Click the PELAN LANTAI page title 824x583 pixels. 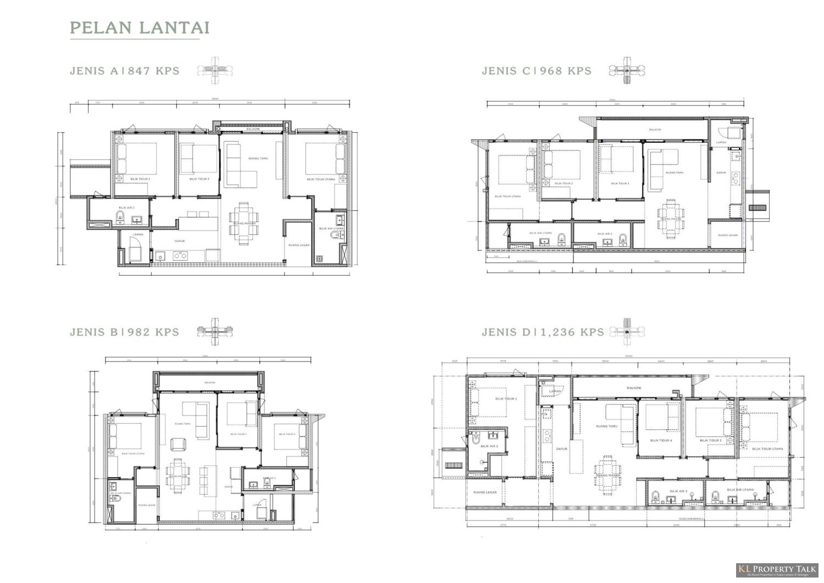click(x=140, y=27)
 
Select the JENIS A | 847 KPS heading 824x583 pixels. click(x=125, y=71)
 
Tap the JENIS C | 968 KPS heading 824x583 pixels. click(x=537, y=71)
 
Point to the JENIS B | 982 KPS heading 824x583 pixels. click(x=125, y=332)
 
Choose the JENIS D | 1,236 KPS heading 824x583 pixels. click(x=543, y=332)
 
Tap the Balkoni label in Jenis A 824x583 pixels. click(x=253, y=129)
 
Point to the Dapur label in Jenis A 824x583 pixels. click(x=180, y=241)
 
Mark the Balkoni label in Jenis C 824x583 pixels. click(x=655, y=130)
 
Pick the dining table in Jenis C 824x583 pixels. click(x=671, y=218)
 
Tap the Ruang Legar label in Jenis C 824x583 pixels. click(x=728, y=235)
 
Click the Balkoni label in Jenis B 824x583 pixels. click(x=209, y=383)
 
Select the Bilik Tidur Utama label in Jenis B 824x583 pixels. click(x=133, y=453)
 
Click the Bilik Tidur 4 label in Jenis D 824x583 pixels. click(x=661, y=440)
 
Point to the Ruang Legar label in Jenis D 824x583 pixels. click(x=485, y=492)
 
